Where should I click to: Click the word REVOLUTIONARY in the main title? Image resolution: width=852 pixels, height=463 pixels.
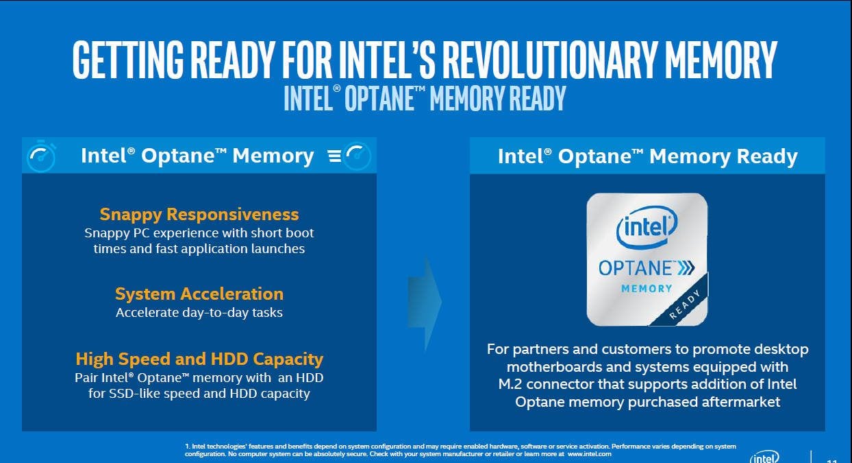coord(550,60)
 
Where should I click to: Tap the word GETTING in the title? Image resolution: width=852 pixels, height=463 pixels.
coord(128,60)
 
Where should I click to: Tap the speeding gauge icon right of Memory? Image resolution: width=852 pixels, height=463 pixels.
coord(349,156)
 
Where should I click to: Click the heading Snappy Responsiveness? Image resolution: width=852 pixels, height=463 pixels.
coord(199,214)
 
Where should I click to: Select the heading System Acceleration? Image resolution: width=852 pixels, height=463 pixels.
coord(199,294)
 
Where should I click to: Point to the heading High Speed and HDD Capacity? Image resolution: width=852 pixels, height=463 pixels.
coord(199,359)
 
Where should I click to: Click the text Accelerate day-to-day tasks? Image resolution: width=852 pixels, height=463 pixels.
coord(199,313)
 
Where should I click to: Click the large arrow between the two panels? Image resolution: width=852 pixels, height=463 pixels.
coord(425,302)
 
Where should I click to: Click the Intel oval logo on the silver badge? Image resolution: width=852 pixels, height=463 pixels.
coord(647,227)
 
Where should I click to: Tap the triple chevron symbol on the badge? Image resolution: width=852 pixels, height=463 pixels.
coord(686,268)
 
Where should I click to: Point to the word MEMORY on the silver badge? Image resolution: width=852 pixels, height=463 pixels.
coord(647,289)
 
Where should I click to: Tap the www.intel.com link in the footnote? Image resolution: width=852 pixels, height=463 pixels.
coord(589,454)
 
